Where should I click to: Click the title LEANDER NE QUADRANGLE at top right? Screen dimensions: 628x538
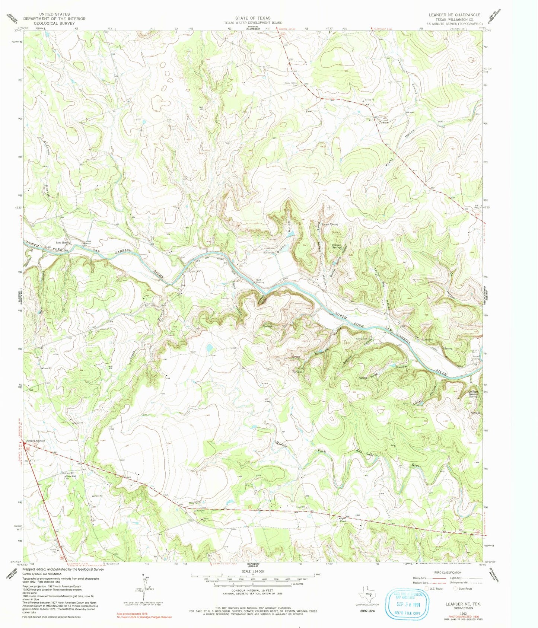point(454,15)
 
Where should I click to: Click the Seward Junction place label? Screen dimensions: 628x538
point(36,441)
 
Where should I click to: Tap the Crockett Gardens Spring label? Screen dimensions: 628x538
point(473,394)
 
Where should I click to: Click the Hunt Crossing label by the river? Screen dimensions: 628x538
point(260,281)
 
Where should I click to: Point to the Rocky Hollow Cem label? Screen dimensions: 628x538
point(292,84)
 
